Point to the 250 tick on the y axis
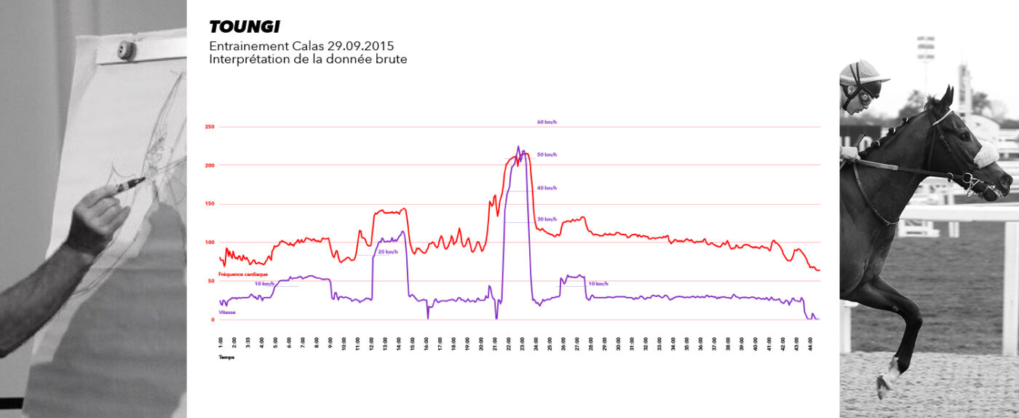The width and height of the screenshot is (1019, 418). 210,127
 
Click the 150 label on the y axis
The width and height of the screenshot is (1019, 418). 210,204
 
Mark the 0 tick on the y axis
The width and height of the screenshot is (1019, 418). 213,319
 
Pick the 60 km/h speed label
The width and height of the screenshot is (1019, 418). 547,122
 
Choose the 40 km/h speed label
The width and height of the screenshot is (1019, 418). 547,188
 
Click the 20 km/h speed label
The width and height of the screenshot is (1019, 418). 387,252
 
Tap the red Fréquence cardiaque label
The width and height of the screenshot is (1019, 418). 243,274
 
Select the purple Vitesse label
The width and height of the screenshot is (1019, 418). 228,312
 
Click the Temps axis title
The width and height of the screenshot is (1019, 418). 226,358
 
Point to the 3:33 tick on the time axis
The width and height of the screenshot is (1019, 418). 248,342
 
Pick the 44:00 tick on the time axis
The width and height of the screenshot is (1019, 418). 811,342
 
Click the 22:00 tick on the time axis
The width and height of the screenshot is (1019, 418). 509,342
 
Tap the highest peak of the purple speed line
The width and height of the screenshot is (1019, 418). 518,146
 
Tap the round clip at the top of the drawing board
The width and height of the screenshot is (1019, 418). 127,50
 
